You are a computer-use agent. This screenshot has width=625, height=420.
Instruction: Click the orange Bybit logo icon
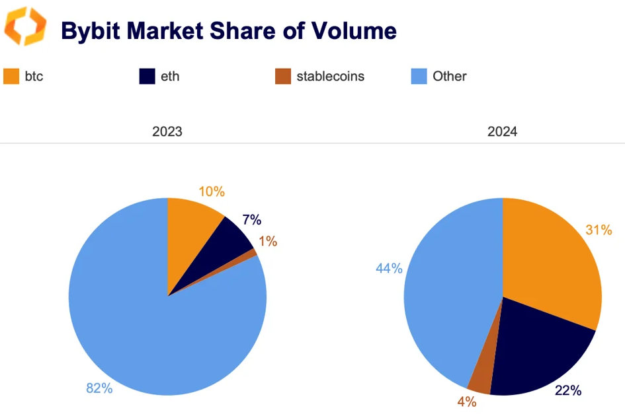(26, 28)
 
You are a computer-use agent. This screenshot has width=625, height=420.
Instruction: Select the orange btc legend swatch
(12, 76)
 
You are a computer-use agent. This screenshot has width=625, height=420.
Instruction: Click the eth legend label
(169, 76)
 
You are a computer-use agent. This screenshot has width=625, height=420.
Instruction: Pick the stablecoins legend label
(330, 76)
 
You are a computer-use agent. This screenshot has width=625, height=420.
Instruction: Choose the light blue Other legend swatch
(419, 76)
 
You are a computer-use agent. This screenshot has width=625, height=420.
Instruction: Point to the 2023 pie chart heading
(167, 132)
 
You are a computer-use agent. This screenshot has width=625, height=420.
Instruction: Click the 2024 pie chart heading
(503, 132)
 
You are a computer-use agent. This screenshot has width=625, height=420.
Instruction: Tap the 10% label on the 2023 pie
(212, 192)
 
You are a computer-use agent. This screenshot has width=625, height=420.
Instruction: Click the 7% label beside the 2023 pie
(251, 220)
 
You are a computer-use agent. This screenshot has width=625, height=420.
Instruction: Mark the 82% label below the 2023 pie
(99, 388)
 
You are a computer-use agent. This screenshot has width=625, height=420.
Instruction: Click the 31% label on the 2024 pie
(599, 230)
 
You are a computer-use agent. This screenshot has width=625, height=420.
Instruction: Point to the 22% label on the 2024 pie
(567, 391)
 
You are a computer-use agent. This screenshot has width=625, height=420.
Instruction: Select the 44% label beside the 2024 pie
(389, 268)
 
